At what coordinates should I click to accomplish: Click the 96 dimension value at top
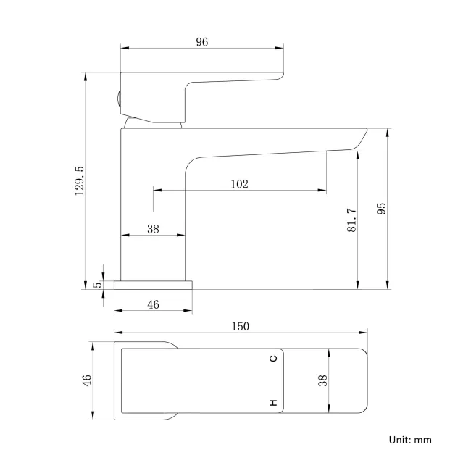pos(201,42)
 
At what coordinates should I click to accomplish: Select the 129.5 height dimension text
pos(80,180)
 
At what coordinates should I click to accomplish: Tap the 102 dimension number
pos(239,184)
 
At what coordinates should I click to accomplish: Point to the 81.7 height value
pos(351,220)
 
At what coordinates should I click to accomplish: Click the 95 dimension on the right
pos(382,209)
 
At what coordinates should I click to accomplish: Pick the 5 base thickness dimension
pos(98,285)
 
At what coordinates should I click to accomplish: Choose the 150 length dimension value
pos(241,327)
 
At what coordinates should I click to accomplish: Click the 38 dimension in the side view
pos(153,229)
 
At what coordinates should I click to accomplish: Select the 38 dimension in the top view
pos(323,380)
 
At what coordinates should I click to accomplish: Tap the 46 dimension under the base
pos(153,305)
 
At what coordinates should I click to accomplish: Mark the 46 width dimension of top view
pos(86,380)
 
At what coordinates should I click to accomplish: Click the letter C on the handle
pos(273,359)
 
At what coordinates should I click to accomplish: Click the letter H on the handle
pos(273,402)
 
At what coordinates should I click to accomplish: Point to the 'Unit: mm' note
pos(410,440)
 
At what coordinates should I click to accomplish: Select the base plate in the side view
pos(154,285)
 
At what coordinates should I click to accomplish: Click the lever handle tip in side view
pos(279,75)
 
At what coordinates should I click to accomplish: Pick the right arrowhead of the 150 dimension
pos(365,334)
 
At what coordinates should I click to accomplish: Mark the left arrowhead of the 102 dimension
pos(155,191)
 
